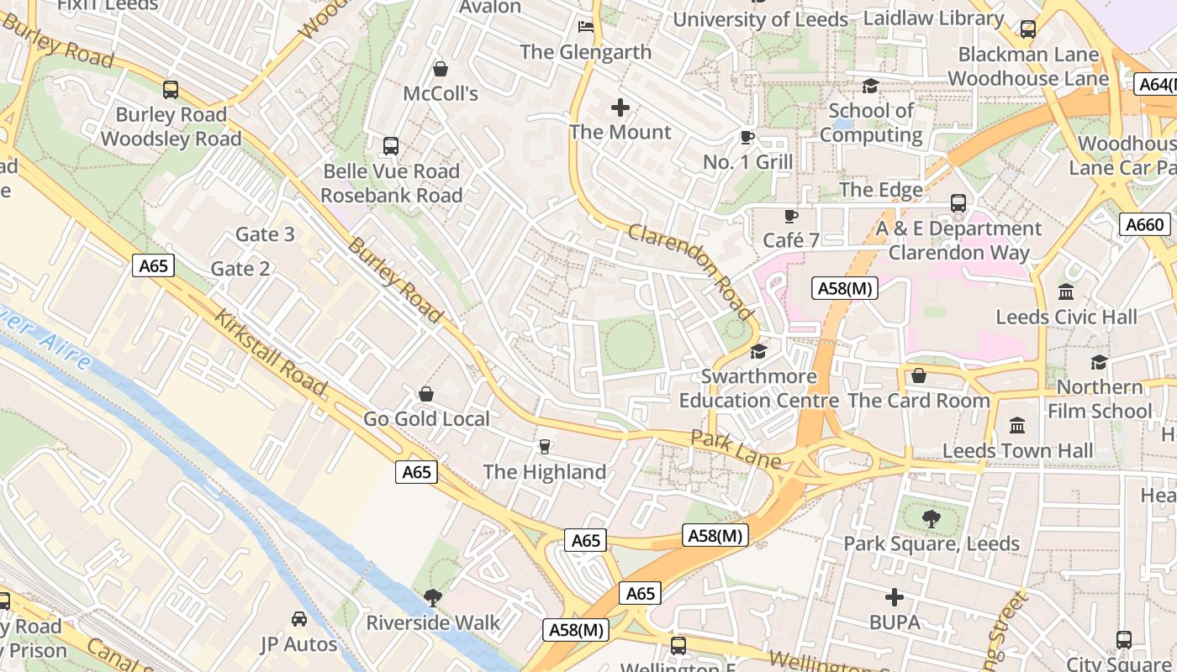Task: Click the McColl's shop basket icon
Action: [x=440, y=68]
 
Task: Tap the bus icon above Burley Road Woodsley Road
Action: [x=171, y=89]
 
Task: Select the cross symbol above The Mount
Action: [x=620, y=108]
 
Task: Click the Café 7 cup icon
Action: [x=790, y=217]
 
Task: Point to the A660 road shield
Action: [x=1144, y=224]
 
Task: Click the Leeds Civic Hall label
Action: [x=1066, y=318]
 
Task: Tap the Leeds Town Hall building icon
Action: [x=1017, y=426]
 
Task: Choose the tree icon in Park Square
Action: [x=931, y=519]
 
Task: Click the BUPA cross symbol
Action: [x=895, y=598]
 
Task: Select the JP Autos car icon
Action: [x=298, y=619]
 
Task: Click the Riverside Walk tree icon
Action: [x=433, y=598]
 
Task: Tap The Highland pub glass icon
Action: [x=544, y=447]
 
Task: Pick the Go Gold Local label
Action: [x=426, y=418]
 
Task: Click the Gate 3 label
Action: [x=265, y=234]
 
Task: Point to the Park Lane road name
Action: [x=735, y=449]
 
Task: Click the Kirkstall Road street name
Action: [x=269, y=353]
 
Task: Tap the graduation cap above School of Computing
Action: [x=870, y=87]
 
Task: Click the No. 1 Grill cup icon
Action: [x=747, y=138]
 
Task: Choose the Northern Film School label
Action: [x=1100, y=399]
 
